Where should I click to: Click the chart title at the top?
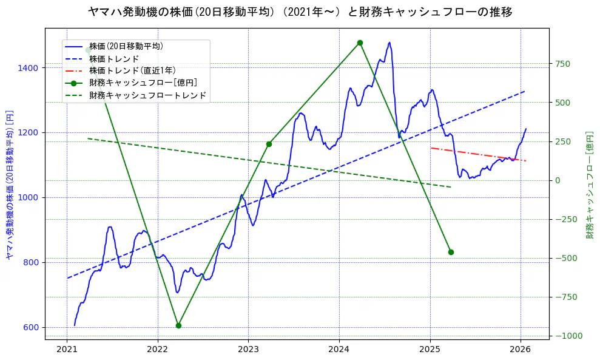click(300, 12)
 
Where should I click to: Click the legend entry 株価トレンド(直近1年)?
click(132, 70)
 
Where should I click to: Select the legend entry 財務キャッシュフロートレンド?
click(147, 95)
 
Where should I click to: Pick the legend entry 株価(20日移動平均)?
click(126, 46)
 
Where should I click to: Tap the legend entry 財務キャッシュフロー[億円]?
click(143, 83)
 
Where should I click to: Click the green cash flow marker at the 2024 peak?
click(360, 42)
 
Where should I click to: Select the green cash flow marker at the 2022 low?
click(178, 325)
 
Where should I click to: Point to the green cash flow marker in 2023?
click(269, 144)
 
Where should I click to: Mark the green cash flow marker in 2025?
click(451, 252)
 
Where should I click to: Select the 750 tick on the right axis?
click(562, 64)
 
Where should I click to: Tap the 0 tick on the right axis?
click(556, 180)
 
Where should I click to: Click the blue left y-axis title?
click(9, 185)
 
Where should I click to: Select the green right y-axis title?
click(590, 185)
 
